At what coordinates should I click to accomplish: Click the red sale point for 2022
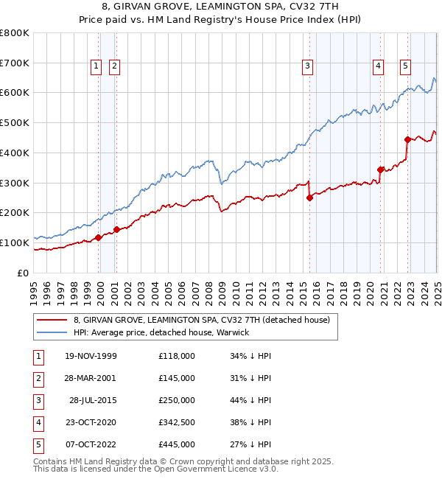[407, 139]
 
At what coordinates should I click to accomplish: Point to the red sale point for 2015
[310, 197]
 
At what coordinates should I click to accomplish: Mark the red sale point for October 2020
[381, 169]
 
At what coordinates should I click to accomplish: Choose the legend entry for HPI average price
[161, 332]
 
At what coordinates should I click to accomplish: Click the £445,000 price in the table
[177, 444]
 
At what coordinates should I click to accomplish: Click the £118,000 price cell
[177, 356]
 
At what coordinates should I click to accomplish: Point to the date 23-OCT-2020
[91, 422]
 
